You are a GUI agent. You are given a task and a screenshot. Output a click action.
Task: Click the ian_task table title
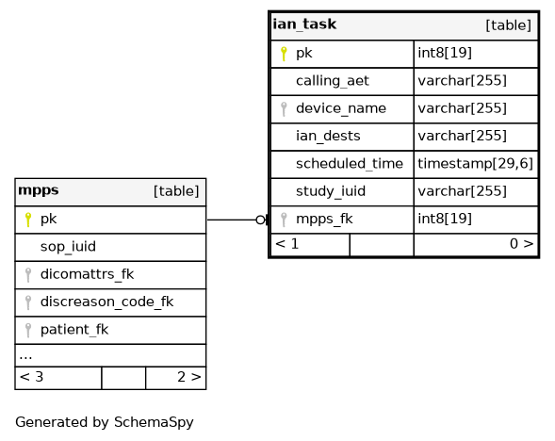point(304,24)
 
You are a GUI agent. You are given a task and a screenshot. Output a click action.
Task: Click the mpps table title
point(39,190)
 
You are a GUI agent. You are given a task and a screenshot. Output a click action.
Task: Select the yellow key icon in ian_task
point(284,54)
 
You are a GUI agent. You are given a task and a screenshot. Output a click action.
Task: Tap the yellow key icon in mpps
point(28,220)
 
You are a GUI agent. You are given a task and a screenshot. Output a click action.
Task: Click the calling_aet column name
point(333,81)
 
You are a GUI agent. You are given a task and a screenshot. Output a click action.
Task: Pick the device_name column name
point(341,108)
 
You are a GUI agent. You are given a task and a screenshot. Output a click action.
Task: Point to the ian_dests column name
point(328,136)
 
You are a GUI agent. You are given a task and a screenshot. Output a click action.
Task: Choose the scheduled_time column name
point(350,164)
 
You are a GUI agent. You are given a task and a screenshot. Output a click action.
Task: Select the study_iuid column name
point(331,191)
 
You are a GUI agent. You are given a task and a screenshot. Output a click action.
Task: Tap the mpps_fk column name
point(324,219)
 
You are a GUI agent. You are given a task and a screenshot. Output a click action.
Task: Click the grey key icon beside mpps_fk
point(284,220)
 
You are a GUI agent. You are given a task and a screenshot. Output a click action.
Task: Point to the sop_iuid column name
point(68,246)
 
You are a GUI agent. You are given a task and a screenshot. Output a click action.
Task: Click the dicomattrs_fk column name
point(87,274)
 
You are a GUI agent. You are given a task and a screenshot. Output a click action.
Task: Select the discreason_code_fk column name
point(106,302)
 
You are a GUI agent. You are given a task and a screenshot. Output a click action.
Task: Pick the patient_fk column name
point(74,330)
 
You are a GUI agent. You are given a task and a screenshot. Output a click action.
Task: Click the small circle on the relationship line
point(260,220)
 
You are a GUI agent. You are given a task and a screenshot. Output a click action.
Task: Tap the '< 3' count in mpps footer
point(31,377)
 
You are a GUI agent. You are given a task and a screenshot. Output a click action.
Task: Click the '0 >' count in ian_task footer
point(521,244)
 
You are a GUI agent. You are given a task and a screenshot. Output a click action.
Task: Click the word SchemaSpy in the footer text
point(154,422)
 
